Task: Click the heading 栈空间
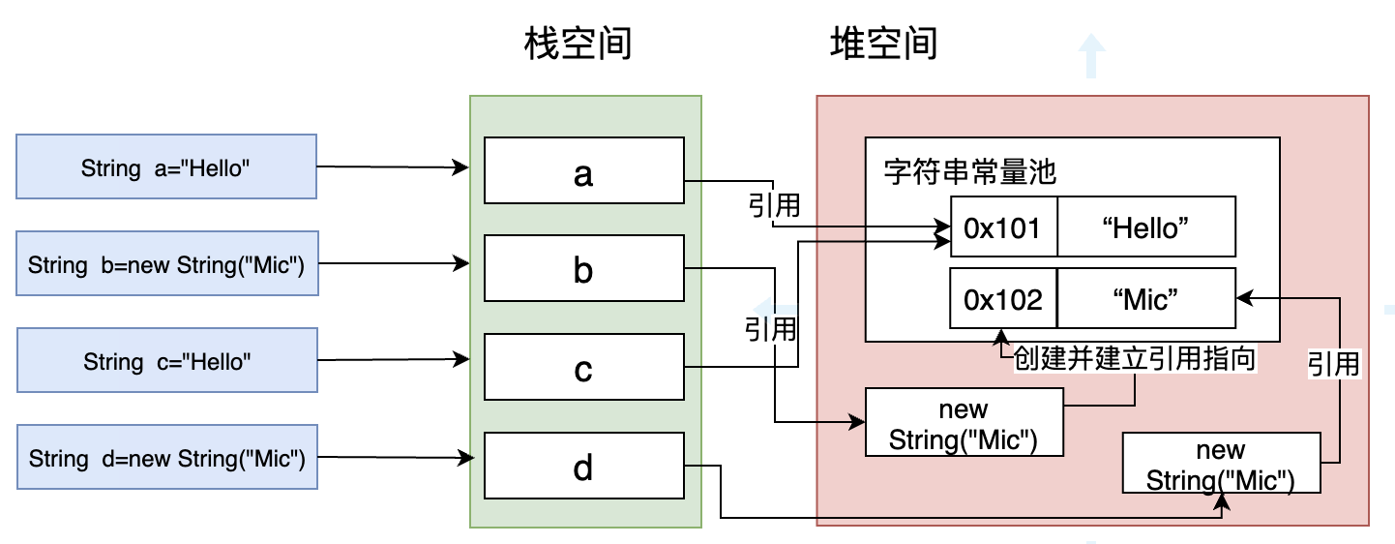[578, 44]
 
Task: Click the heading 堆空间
[883, 44]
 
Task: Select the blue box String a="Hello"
[166, 167]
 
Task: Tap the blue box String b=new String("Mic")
[166, 263]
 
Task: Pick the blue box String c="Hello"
[166, 361]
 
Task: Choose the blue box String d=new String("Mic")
[166, 458]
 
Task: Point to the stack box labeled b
[583, 269]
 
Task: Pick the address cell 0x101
[1003, 227]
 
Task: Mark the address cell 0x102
[1003, 298]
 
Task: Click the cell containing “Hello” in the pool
[1145, 227]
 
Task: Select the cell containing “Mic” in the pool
[1145, 298]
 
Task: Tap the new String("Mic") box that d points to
[1221, 465]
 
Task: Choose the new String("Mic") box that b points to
[964, 423]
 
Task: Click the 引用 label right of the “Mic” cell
[1334, 363]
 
